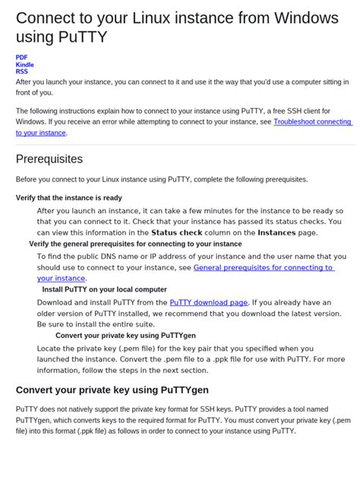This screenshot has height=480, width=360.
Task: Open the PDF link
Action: (x=21, y=57)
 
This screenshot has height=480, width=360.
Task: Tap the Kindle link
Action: (x=24, y=65)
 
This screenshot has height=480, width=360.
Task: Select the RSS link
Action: (x=21, y=72)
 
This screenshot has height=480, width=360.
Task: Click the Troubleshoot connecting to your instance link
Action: (x=312, y=122)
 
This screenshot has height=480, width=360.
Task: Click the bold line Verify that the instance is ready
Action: (x=69, y=197)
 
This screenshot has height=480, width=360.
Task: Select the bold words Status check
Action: (x=176, y=232)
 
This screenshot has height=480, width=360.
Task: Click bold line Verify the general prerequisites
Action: (x=135, y=244)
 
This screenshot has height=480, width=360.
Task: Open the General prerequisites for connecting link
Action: (x=264, y=267)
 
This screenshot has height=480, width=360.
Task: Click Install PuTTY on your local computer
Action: (x=104, y=289)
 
